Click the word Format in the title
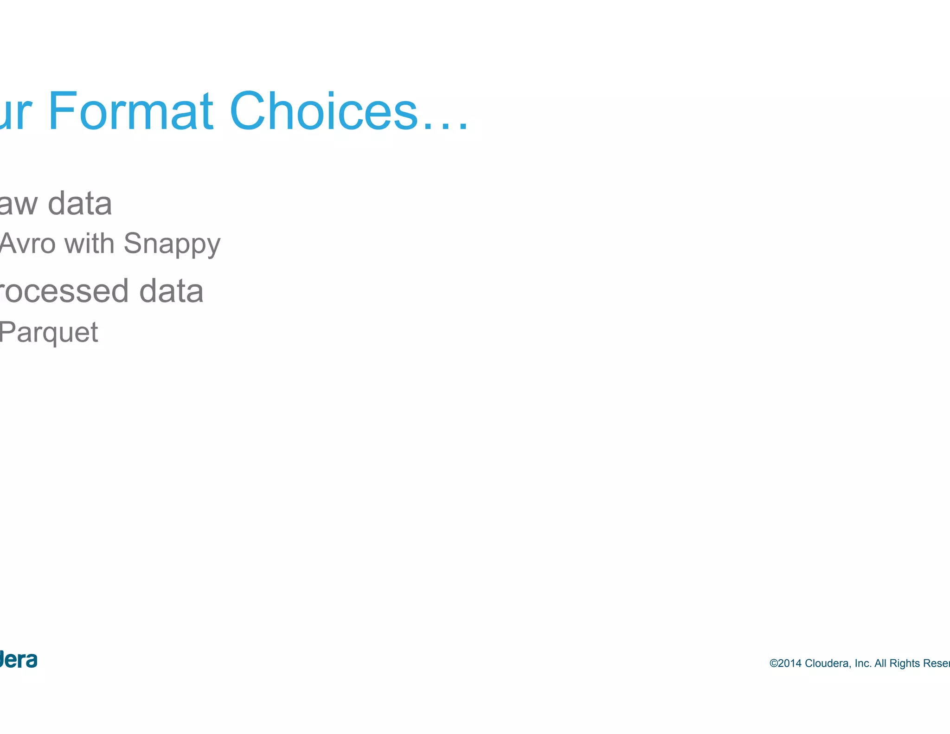click(130, 111)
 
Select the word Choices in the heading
click(323, 111)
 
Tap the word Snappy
click(172, 245)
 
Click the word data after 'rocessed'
click(171, 291)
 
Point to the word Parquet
click(49, 333)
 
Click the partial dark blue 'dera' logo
click(19, 660)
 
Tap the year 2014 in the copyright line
click(790, 663)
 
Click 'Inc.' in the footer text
click(863, 663)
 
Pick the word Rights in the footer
click(905, 663)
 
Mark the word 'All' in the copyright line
click(880, 663)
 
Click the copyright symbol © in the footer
click(773, 663)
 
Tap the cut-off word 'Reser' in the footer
click(937, 663)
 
